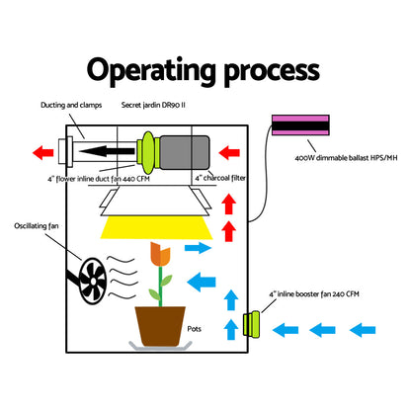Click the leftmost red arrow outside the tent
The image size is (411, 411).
pos(42,152)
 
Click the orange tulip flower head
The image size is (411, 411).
pos(159,255)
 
